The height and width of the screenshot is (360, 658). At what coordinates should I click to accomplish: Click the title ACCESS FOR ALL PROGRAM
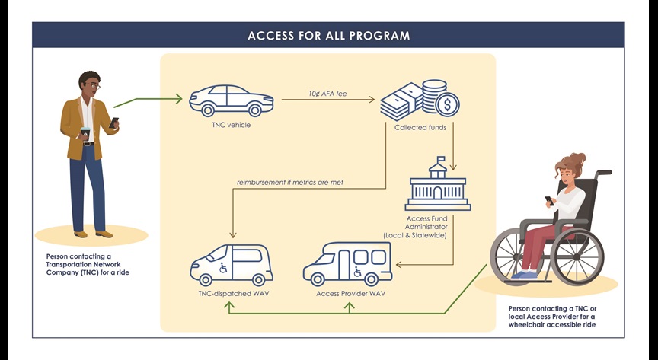click(328, 36)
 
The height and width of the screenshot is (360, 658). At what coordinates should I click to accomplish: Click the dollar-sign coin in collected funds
click(446, 103)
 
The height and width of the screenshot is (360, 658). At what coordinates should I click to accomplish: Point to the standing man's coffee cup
click(85, 134)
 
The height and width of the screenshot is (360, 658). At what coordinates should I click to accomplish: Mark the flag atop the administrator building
click(439, 159)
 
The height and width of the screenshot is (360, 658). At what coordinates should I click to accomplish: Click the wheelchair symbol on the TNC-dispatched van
click(223, 267)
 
